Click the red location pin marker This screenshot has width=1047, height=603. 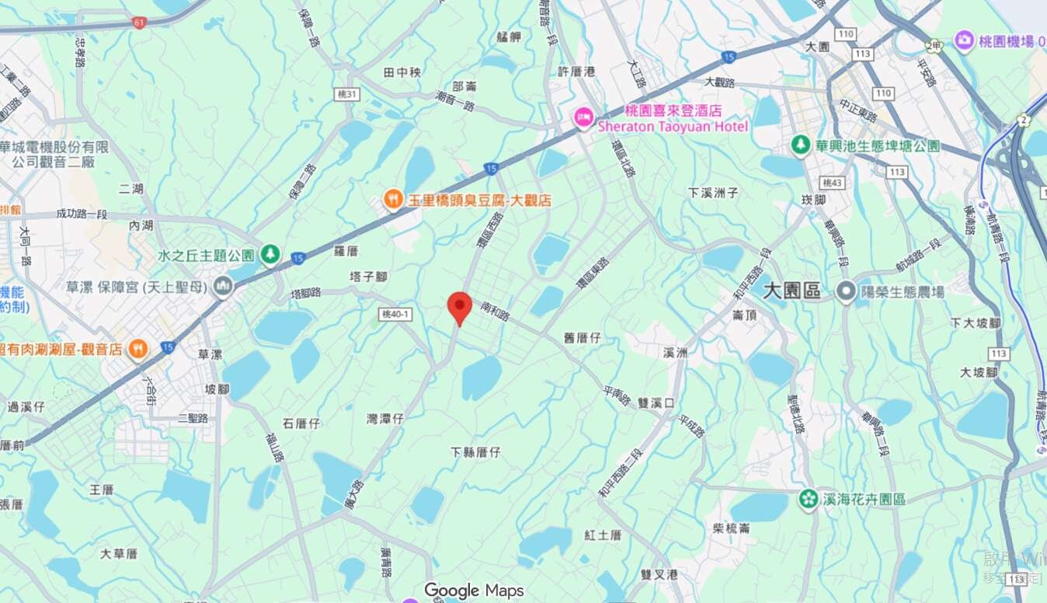tap(460, 306)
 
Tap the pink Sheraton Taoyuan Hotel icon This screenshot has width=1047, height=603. tap(583, 118)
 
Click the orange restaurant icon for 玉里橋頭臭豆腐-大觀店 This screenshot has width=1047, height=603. tap(394, 200)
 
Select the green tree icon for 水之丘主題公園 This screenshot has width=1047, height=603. tap(270, 254)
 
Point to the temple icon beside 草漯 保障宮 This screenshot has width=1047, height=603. tap(223, 287)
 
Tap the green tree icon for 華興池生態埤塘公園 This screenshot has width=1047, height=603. tap(800, 145)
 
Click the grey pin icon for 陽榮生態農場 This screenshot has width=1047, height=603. tap(846, 291)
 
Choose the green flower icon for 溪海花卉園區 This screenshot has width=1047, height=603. tap(809, 498)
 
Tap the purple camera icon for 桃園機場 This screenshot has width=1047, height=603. tap(964, 40)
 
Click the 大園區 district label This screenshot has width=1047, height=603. tap(791, 291)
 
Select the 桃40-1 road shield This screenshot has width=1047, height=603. tap(396, 314)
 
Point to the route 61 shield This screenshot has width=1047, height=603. tap(139, 23)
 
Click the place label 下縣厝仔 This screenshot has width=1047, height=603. tap(475, 451)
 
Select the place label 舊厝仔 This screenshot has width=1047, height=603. tap(583, 338)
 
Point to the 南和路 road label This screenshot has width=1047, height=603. tap(495, 312)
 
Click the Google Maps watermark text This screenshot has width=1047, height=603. tap(474, 591)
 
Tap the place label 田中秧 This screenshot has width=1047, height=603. tap(402, 72)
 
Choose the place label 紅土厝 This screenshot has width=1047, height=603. tap(604, 535)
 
